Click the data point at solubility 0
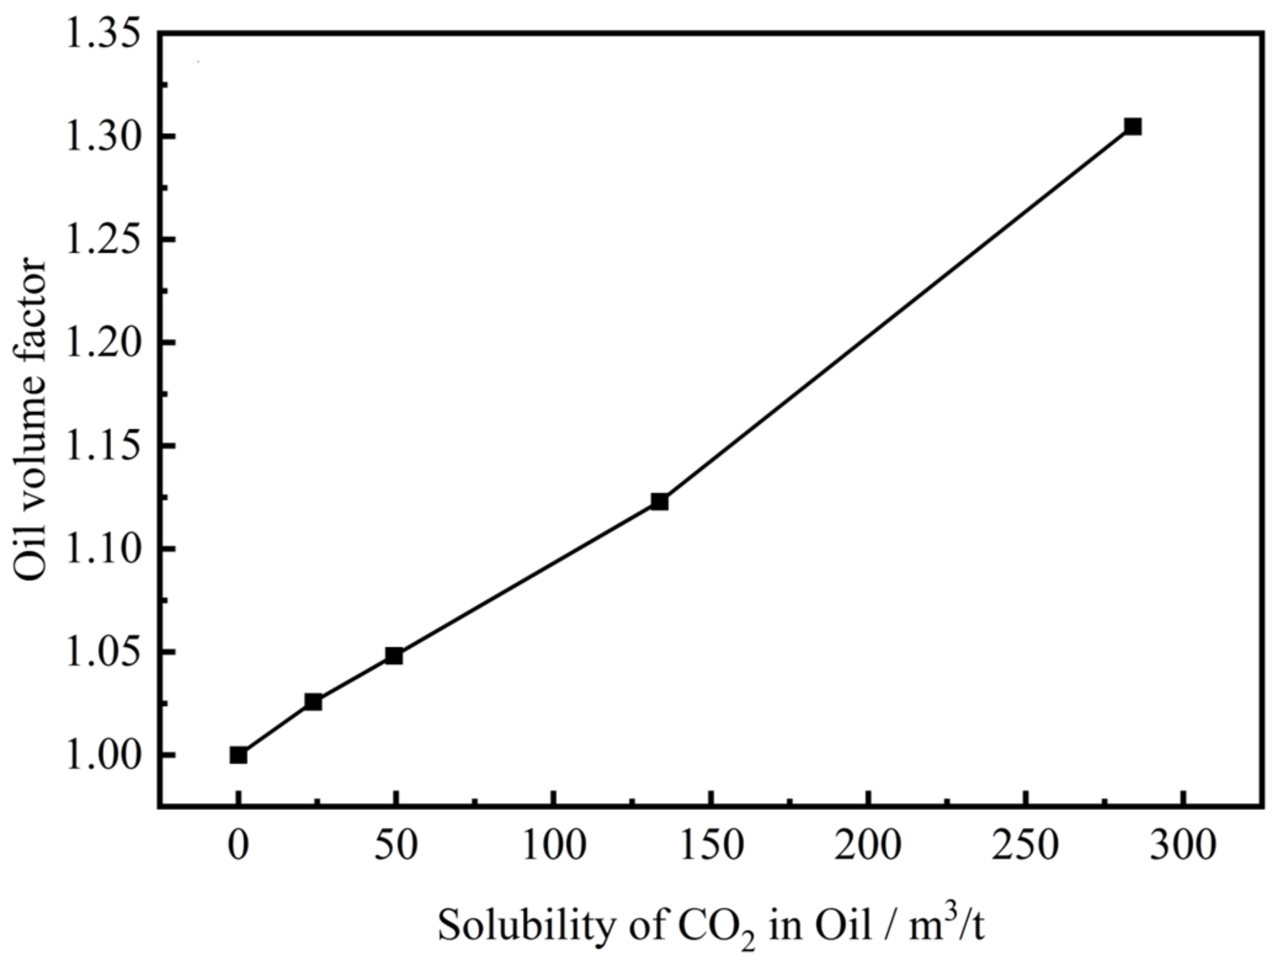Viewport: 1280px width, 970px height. click(x=239, y=755)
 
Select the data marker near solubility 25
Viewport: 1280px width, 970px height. click(x=313, y=701)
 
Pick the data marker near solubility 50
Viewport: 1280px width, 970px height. click(x=394, y=656)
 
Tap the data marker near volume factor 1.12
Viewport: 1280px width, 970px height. click(x=659, y=501)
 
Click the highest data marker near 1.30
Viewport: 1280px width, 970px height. click(x=1133, y=127)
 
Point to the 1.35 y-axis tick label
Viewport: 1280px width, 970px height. click(x=102, y=35)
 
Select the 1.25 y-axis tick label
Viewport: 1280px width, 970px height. click(x=102, y=240)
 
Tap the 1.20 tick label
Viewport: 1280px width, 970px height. click(x=102, y=343)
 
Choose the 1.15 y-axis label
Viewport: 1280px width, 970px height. click(x=102, y=446)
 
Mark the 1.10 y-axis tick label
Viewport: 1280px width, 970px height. click(x=102, y=549)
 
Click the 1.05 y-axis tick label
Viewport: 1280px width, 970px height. click(x=102, y=652)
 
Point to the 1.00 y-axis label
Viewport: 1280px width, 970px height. click(x=102, y=755)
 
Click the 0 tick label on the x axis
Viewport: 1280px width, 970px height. click(x=238, y=845)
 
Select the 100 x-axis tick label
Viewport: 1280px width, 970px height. click(x=554, y=845)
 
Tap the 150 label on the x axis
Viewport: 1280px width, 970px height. click(x=712, y=845)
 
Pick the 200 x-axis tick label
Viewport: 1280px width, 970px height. click(x=868, y=845)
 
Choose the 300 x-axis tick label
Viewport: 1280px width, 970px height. click(x=1183, y=845)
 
